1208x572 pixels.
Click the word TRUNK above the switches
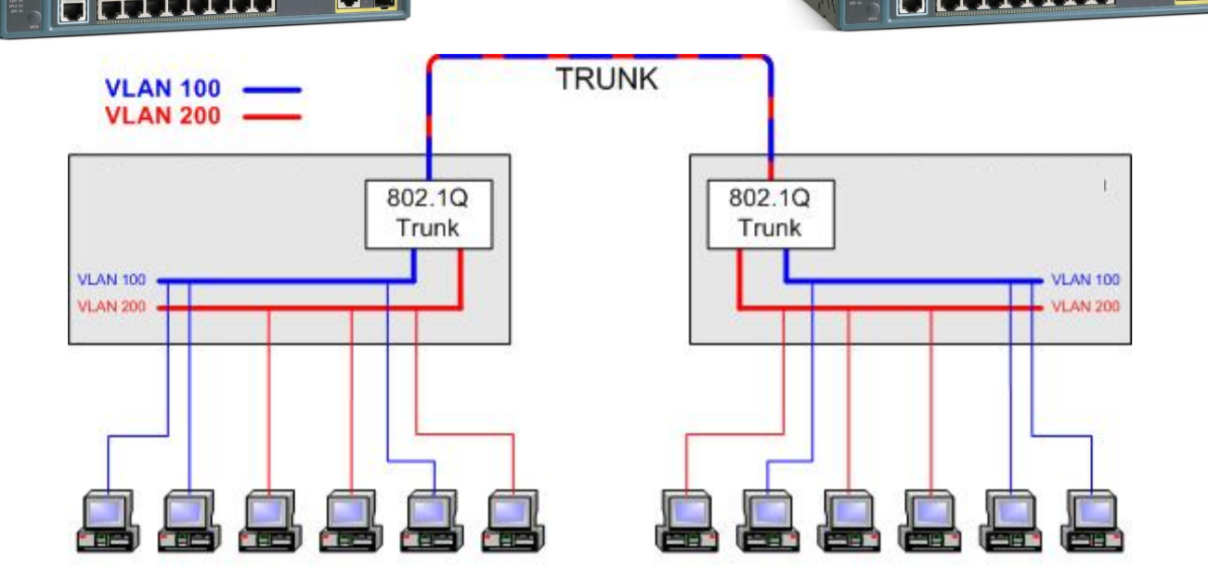(607, 79)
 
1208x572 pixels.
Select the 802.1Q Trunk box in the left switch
(428, 214)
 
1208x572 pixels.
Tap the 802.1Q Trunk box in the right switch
(770, 214)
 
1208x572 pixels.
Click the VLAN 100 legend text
(163, 89)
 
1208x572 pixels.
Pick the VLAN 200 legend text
(163, 116)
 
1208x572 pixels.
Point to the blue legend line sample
(272, 90)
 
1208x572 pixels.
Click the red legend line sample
(272, 117)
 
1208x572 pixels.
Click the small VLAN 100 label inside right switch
(1085, 279)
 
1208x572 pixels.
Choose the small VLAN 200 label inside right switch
(1085, 306)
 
